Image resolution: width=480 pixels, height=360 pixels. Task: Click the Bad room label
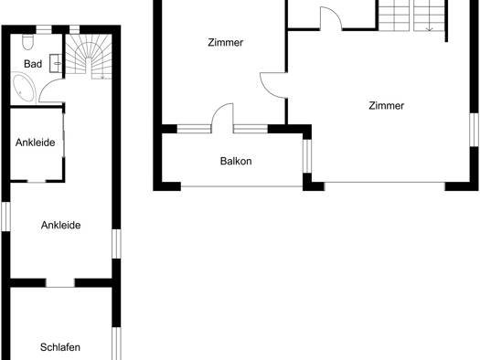33,64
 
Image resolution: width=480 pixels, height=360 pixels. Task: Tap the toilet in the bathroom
27,42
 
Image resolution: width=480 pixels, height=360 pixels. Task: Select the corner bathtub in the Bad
23,88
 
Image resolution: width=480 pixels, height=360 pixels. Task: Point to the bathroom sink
56,64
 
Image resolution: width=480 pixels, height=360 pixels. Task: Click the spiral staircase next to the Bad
89,57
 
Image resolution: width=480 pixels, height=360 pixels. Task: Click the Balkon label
236,161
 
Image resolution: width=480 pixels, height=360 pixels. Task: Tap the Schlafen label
60,347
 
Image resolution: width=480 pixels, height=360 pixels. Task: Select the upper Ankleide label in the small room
36,143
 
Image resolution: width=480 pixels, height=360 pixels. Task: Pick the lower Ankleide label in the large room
61,225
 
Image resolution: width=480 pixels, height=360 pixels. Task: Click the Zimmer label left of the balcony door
226,43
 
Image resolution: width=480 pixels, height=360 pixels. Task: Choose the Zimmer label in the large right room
387,106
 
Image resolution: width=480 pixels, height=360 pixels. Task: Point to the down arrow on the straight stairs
429,27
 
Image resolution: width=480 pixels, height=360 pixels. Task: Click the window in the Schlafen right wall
116,344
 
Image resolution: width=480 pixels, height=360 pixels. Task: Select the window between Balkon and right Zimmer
307,156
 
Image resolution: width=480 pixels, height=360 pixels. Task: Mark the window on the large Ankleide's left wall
6,217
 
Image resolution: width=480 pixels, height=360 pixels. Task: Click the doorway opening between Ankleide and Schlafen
60,283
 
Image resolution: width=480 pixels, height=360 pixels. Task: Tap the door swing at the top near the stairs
331,18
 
